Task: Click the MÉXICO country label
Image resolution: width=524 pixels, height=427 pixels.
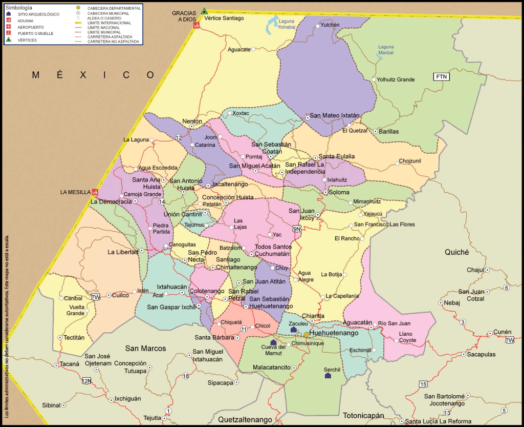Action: pyautogui.click(x=93, y=75)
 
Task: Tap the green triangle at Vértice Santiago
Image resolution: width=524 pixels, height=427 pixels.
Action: pyautogui.click(x=204, y=11)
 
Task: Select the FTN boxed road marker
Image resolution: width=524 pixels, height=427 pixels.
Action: pyautogui.click(x=441, y=77)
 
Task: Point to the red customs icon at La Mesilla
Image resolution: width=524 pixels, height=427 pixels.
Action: pyautogui.click(x=95, y=192)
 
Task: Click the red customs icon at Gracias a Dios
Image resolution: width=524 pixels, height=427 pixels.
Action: pyautogui.click(x=196, y=26)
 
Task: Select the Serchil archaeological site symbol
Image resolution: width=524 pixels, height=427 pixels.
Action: pyautogui.click(x=327, y=376)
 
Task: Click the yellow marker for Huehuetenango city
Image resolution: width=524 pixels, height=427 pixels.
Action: pyautogui.click(x=307, y=335)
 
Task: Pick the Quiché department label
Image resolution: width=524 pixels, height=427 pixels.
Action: pyautogui.click(x=457, y=252)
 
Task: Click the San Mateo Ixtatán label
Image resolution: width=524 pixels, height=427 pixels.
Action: pyautogui.click(x=335, y=116)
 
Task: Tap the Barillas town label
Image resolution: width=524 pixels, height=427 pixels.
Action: pyautogui.click(x=389, y=131)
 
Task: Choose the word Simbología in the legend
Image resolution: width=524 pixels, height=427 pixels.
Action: pyautogui.click(x=18, y=8)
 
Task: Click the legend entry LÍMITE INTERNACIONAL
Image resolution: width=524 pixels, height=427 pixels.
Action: pyautogui.click(x=109, y=23)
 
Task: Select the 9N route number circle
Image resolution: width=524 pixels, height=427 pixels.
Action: pyautogui.click(x=297, y=229)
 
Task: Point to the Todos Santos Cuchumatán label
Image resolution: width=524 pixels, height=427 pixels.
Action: pyautogui.click(x=273, y=250)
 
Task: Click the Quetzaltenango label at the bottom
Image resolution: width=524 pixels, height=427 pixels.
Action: pyautogui.click(x=245, y=419)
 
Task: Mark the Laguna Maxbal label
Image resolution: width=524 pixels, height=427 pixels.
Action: pyautogui.click(x=386, y=50)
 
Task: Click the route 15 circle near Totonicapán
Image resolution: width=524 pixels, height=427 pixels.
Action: pyautogui.click(x=423, y=383)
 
